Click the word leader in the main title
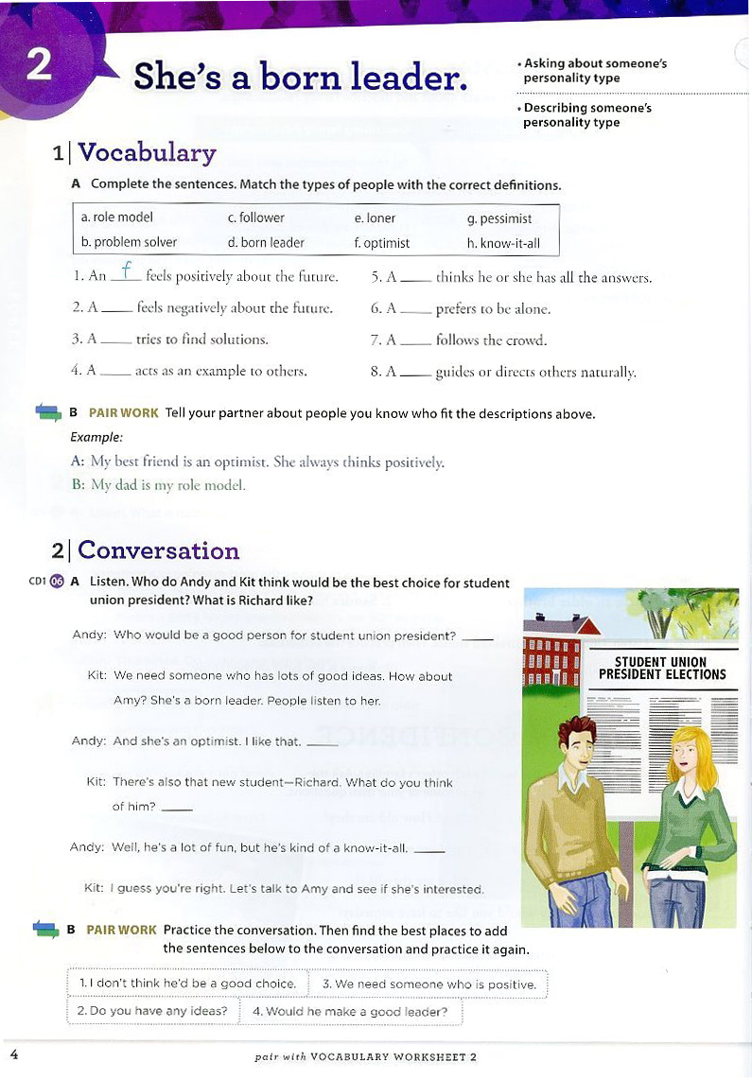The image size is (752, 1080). click(x=411, y=76)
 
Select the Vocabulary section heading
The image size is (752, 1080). click(x=147, y=152)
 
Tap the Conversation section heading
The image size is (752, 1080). click(x=158, y=550)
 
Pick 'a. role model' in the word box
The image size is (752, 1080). click(x=117, y=218)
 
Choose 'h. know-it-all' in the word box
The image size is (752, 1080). click(x=503, y=243)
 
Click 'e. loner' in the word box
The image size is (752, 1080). click(x=375, y=218)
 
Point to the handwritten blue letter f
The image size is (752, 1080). click(x=127, y=271)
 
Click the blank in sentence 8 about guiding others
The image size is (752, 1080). click(x=415, y=374)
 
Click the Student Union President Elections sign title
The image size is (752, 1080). click(x=662, y=669)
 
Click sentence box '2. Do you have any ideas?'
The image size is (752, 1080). click(x=152, y=1011)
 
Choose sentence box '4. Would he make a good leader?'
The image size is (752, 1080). click(x=350, y=1011)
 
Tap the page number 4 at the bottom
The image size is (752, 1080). click(x=12, y=1054)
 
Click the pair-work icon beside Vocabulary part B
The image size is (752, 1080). click(x=47, y=412)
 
